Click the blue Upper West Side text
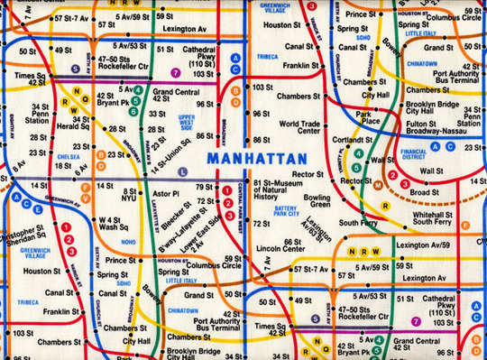click(x=187, y=120)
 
